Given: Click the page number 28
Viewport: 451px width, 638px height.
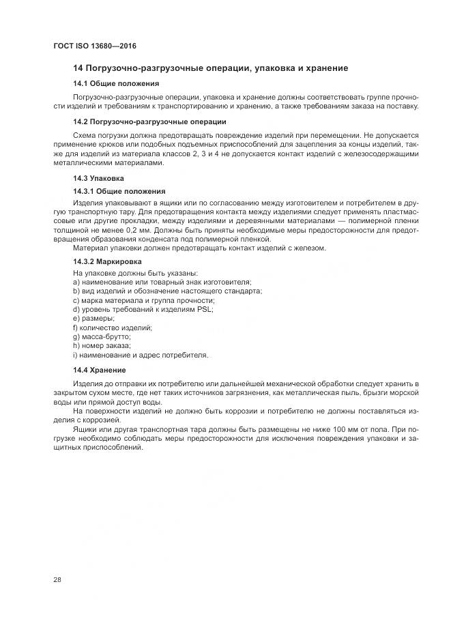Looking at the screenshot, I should (x=56, y=579).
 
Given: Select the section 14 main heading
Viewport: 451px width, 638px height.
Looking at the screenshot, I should (x=211, y=68).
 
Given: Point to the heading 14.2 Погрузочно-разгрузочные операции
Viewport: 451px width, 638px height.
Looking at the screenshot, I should (x=149, y=121).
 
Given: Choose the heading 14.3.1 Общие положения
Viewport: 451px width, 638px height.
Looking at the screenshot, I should (x=119, y=191).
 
